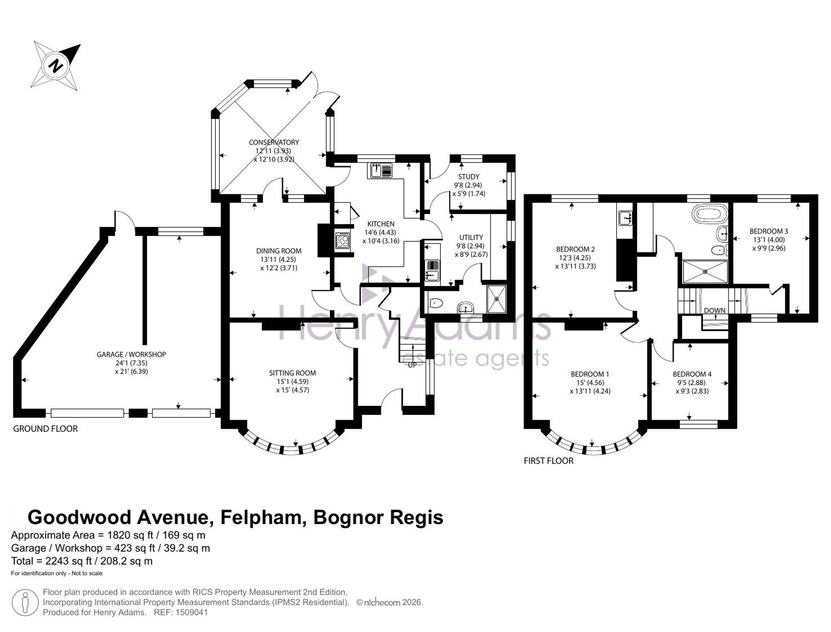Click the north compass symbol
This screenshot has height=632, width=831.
pos(57,65)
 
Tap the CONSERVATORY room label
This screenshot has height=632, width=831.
pos(274,142)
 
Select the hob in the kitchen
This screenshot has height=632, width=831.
pos(343,240)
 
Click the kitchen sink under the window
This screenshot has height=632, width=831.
pos(380,170)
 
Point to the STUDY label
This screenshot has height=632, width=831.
pos(469,177)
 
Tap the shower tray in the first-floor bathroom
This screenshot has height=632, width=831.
pos(706,272)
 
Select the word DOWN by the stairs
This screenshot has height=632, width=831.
pos(715,310)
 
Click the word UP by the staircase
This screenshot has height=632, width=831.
pos(412,365)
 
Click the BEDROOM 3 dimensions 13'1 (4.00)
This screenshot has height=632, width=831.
pos(769,240)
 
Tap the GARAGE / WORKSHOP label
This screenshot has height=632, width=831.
pos(131,354)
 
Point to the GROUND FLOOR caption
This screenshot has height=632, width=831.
pos(45,429)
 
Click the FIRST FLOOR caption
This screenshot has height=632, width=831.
pos(548,461)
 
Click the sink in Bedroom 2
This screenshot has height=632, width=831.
pos(625,218)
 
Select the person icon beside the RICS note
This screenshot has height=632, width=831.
pos(25,602)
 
